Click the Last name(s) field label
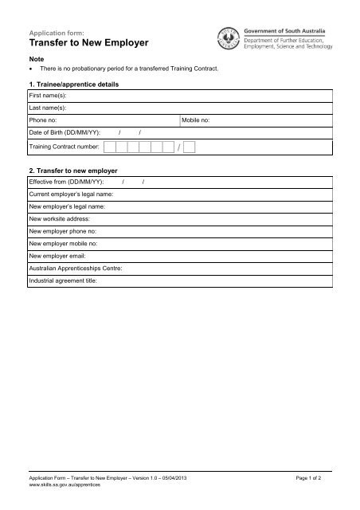click(x=47, y=106)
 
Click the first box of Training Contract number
click(x=109, y=147)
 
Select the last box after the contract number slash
click(x=189, y=147)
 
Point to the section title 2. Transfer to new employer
click(x=72, y=171)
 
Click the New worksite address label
click(x=60, y=218)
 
